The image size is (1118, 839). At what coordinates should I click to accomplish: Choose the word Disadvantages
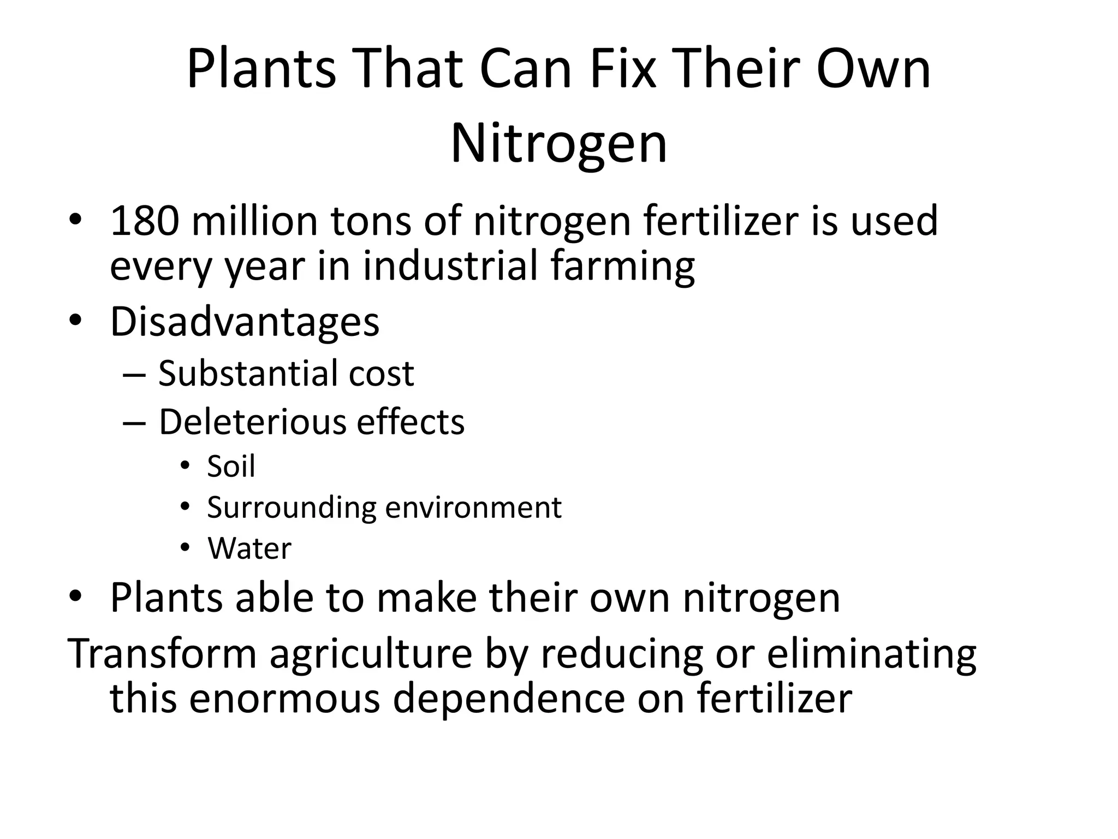[245, 322]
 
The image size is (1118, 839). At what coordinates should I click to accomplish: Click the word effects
[410, 422]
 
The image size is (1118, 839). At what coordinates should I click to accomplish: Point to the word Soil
[231, 466]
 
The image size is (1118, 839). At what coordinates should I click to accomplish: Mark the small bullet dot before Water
[185, 547]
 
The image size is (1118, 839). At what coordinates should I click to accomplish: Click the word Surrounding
[292, 508]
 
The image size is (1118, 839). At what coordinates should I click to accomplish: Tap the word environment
[473, 508]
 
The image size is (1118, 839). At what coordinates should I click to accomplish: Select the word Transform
[162, 654]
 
